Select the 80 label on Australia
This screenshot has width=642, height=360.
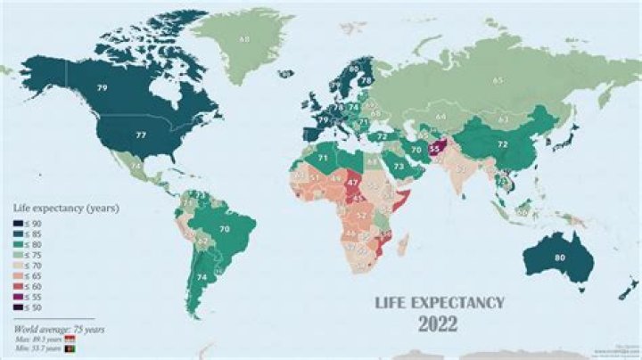click(560, 258)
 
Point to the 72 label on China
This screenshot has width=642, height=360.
click(502, 143)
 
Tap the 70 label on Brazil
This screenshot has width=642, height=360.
click(225, 229)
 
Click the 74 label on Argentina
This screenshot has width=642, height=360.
click(202, 277)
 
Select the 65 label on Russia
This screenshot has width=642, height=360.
click(498, 81)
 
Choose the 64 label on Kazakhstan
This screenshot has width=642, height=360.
click(440, 116)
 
